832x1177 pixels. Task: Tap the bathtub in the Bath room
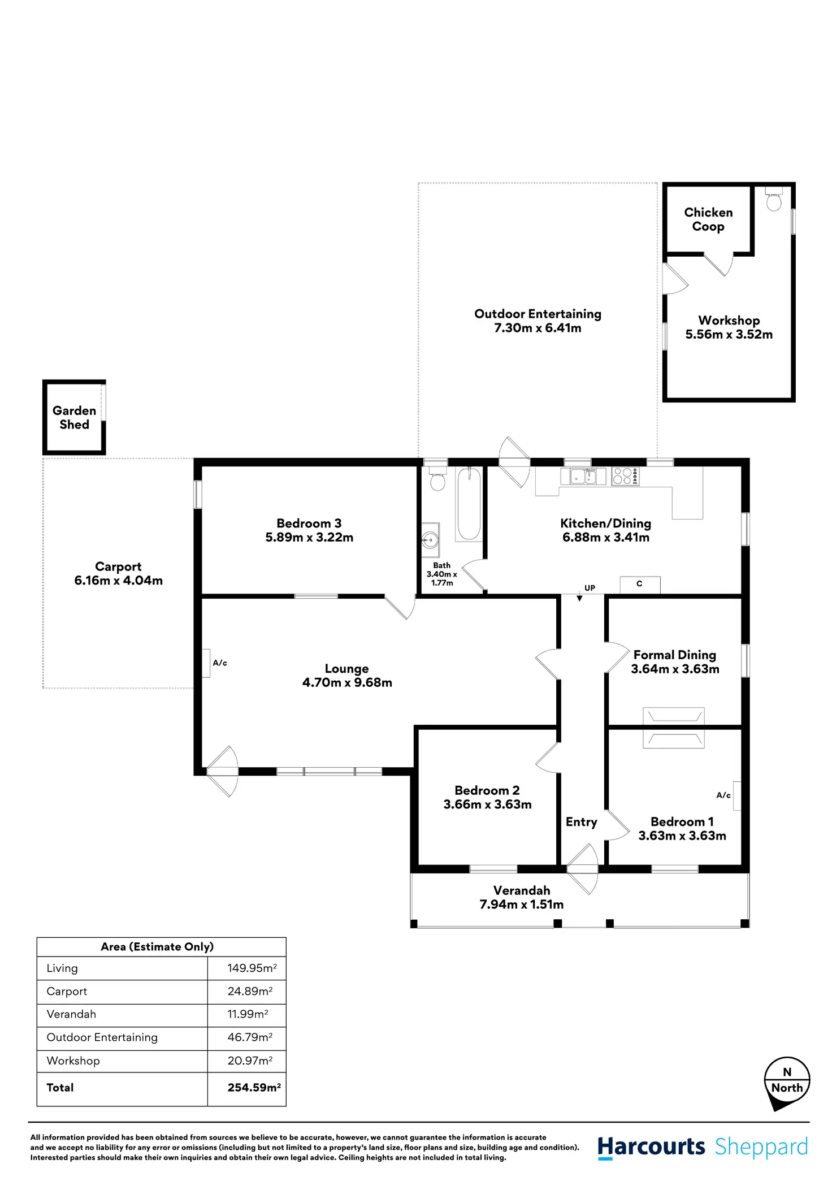(469, 504)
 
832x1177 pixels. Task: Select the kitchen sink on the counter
(583, 477)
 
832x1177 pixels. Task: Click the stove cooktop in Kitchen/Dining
(625, 476)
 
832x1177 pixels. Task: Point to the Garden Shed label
(75, 418)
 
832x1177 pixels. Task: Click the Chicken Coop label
(708, 219)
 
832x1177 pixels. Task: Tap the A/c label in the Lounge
(220, 663)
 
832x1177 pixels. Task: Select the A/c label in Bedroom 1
(723, 795)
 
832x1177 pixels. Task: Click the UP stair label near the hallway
(590, 588)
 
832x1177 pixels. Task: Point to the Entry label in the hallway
(581, 822)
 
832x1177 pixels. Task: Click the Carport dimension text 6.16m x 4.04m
(119, 581)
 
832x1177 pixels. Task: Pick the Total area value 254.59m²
(254, 1087)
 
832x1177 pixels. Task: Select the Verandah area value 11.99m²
(248, 1014)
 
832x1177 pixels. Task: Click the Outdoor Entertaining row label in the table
(102, 1037)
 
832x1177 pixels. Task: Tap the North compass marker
(787, 1081)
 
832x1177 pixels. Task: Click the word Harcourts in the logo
(651, 1147)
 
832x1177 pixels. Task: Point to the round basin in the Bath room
(430, 540)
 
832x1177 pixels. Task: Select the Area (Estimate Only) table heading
(157, 947)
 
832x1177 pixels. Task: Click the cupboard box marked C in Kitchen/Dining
(640, 584)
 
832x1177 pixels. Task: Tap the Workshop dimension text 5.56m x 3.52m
(729, 334)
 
